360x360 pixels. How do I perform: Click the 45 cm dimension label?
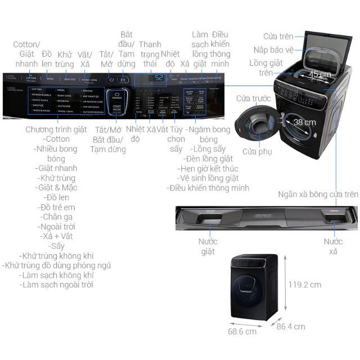coord(319,74)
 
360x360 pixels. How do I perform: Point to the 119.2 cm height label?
coord(305,285)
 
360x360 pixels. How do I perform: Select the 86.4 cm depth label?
coord(290,326)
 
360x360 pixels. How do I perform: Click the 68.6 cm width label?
coord(242,331)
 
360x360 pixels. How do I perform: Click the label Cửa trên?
coord(278,37)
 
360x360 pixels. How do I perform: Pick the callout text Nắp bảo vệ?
coord(273,49)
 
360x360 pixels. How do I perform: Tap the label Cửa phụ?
coord(257,151)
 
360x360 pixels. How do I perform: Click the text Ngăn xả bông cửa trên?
coord(318,194)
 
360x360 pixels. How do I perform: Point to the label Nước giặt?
coord(208,246)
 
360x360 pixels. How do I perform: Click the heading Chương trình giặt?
coord(56,129)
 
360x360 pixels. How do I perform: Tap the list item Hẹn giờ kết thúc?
coord(208,169)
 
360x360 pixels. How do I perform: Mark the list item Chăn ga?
coord(57,217)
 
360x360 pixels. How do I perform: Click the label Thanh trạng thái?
coord(150,55)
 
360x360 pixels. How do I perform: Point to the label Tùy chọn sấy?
coord(176,139)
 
